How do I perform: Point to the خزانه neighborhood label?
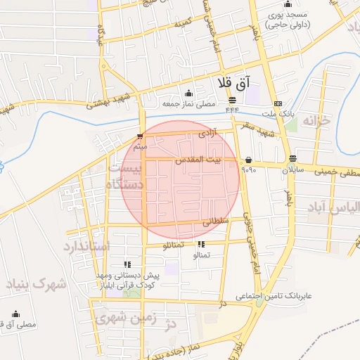point(315,122)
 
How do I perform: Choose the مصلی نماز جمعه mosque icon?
point(188,94)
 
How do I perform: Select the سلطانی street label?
point(216,221)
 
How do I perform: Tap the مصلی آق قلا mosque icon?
point(17,314)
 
